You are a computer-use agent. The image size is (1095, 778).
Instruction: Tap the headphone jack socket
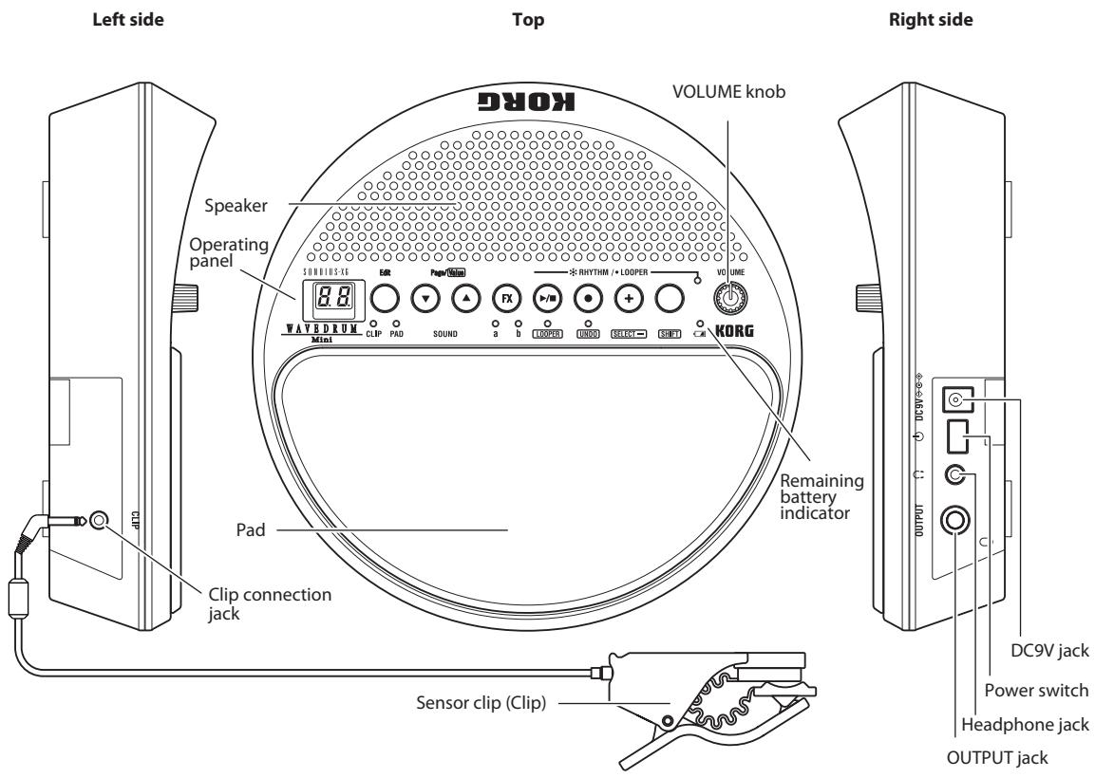(x=955, y=477)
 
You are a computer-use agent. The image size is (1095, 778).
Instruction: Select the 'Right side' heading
(x=953, y=20)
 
